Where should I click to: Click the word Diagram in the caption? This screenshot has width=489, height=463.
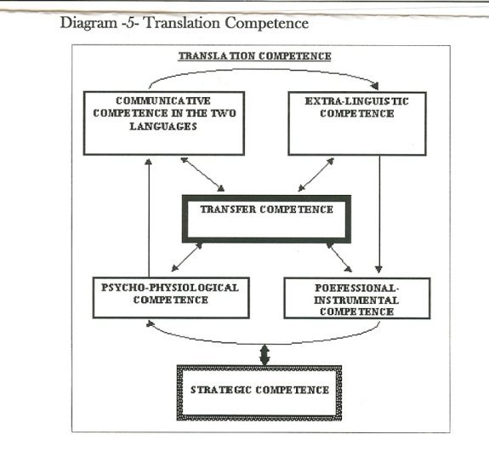[x=88, y=23]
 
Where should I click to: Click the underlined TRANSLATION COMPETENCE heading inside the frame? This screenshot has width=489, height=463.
[x=255, y=56]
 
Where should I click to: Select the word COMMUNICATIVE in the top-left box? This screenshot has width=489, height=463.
[x=163, y=100]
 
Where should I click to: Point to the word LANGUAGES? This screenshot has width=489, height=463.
[x=163, y=126]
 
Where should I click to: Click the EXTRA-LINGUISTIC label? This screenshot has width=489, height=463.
[x=357, y=101]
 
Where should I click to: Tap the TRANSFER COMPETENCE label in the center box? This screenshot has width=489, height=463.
[x=267, y=209]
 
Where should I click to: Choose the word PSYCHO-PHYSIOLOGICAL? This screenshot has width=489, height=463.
[x=170, y=288]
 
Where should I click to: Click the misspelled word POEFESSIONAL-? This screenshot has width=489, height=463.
[x=357, y=288]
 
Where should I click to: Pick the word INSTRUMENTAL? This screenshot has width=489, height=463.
[x=356, y=300]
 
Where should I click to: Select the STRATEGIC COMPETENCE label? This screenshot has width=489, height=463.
[x=259, y=390]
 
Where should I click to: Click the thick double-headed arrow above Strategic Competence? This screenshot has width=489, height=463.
[x=264, y=355]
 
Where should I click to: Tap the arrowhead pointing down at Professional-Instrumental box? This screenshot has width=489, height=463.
[x=379, y=270]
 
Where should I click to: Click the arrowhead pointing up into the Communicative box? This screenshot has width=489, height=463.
[x=149, y=162]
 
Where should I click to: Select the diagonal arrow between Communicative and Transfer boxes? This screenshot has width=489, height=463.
[x=202, y=174]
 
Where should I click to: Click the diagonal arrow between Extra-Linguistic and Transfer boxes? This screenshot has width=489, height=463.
[x=316, y=174]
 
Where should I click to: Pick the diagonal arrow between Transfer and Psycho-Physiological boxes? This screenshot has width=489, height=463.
[x=187, y=257]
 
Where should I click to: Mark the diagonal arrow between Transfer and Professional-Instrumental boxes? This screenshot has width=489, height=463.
[x=339, y=257]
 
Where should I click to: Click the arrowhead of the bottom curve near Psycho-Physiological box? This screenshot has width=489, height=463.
[x=151, y=323]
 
